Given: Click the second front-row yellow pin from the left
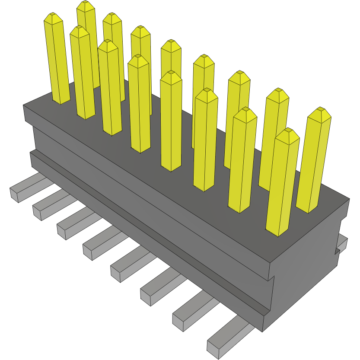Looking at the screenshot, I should point(82,73).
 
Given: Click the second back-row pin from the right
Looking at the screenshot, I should point(275,138).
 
